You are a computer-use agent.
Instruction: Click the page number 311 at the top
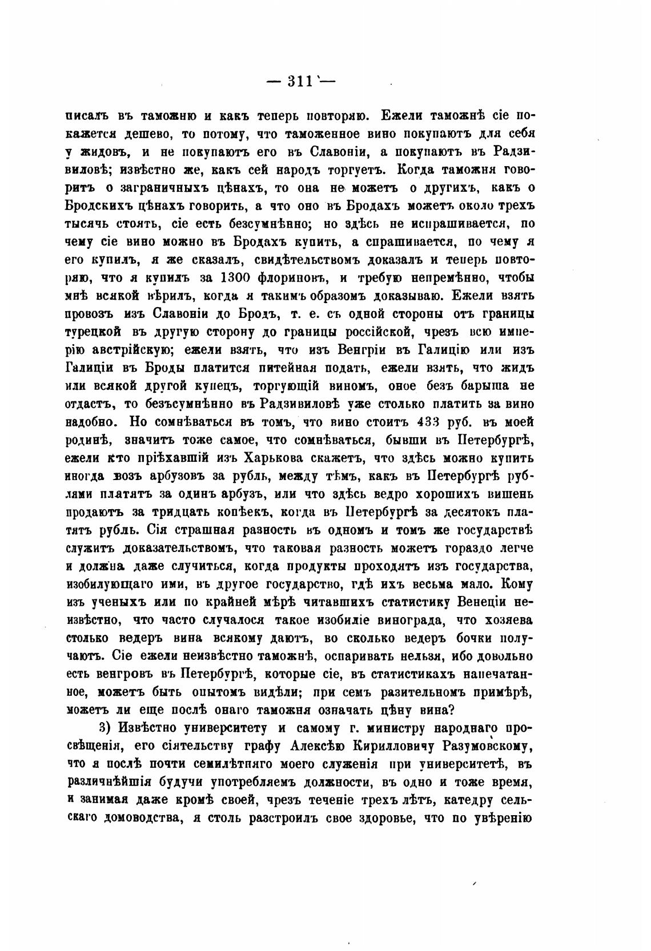pos(300,81)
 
